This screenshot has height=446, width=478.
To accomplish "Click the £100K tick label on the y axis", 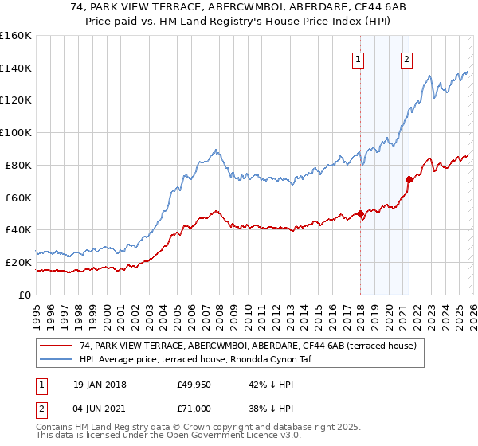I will click(x=15, y=132).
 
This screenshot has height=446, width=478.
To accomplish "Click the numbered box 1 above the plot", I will click(x=358, y=58).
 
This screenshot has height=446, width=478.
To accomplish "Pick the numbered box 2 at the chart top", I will click(x=406, y=58).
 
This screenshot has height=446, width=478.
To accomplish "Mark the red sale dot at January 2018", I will click(x=360, y=213).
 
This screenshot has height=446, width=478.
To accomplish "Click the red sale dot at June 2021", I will click(x=409, y=179).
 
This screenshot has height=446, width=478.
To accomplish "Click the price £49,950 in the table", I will click(x=194, y=385).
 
